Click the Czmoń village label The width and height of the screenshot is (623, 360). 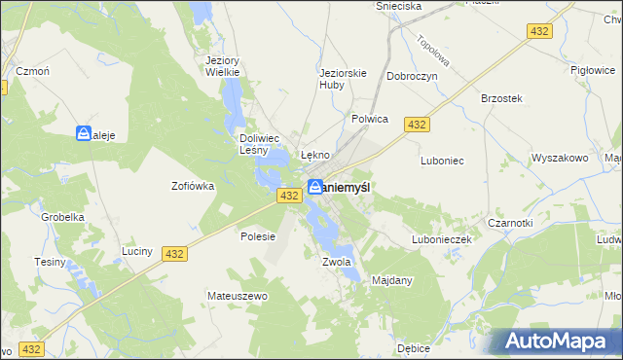[x=32, y=71]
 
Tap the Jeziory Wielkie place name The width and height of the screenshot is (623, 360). [x=223, y=65]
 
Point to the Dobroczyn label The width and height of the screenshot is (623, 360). [x=412, y=75]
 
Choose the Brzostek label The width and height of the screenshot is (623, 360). [x=502, y=98]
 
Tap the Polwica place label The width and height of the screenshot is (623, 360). [x=370, y=119]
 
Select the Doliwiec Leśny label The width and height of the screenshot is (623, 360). [x=260, y=144]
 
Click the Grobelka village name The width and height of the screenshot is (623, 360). [x=61, y=218]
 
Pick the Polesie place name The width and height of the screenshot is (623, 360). [x=258, y=236]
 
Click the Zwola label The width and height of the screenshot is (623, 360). [x=335, y=262]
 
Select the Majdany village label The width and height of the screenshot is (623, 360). [x=392, y=280]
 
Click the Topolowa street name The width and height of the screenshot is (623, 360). [x=429, y=54]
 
